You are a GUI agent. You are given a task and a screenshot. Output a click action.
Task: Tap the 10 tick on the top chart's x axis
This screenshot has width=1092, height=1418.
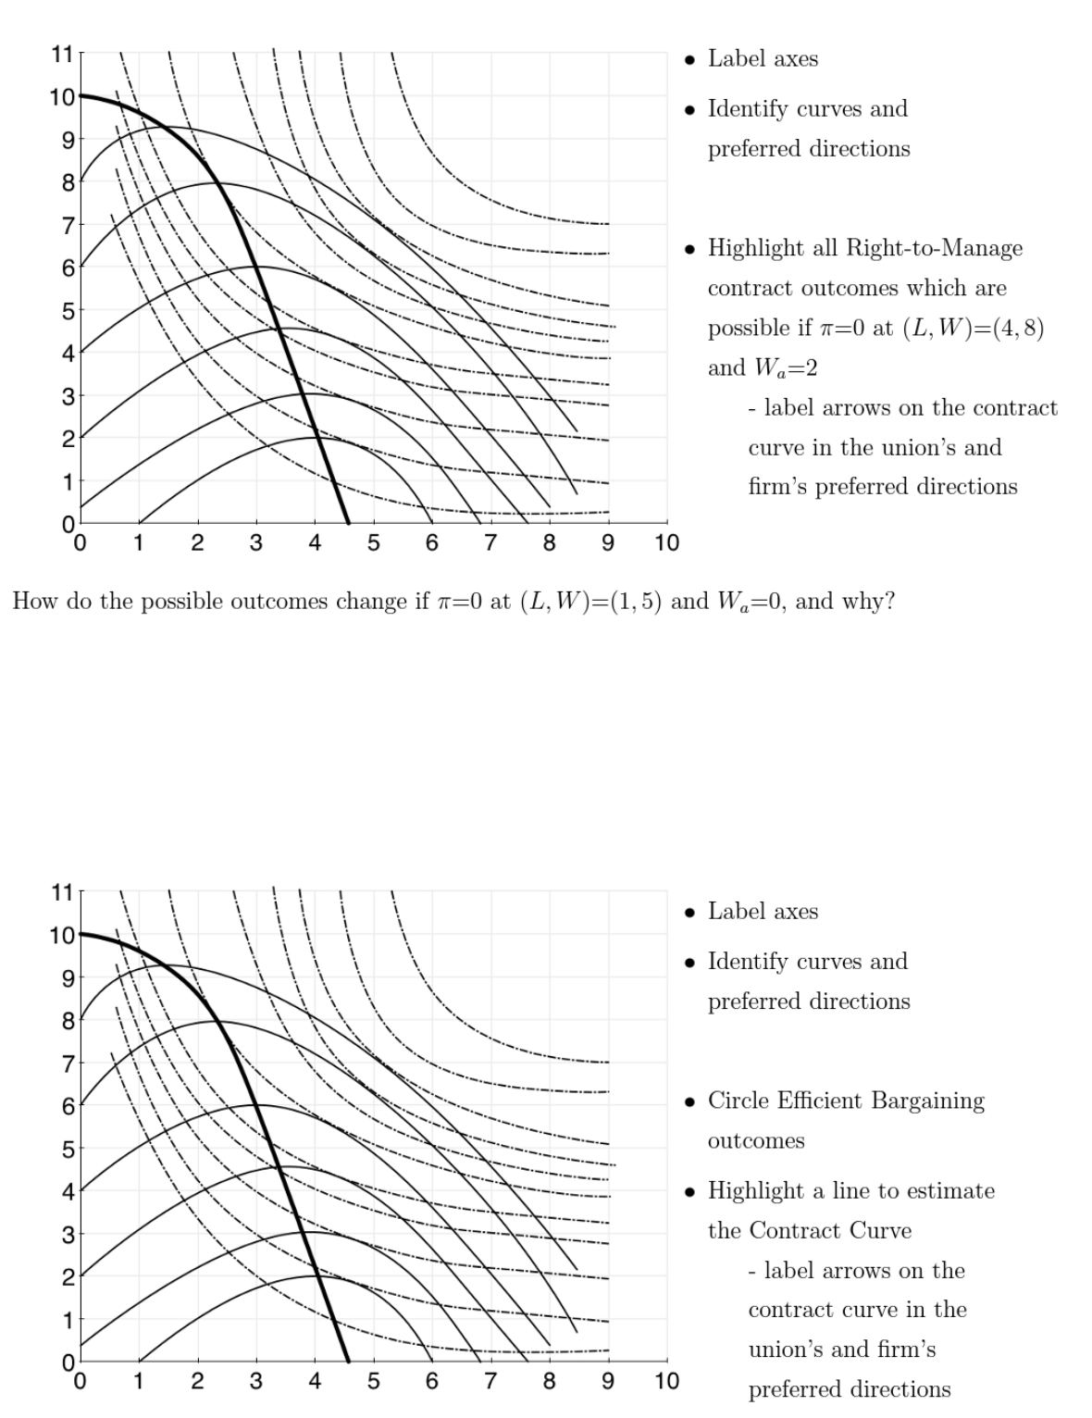666,543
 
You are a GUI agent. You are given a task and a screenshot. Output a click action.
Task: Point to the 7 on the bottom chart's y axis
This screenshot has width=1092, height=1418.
68,1063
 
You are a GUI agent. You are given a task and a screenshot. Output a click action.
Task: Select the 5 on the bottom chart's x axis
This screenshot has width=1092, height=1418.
374,1382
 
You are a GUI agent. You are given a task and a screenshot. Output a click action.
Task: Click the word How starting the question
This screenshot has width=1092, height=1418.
33,602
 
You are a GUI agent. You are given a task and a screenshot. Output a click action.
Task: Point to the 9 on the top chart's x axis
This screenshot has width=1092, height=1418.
608,543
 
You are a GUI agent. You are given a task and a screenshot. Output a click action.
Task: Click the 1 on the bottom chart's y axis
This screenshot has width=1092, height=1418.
68,1320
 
